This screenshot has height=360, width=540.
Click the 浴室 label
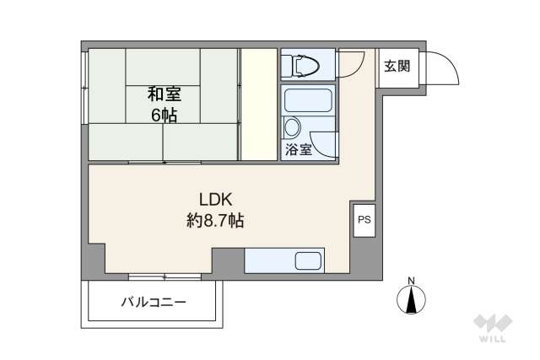point(298,150)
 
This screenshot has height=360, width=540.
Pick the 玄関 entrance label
point(397,65)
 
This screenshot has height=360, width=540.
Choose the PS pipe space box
point(364,221)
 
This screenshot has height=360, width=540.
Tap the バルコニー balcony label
point(154,301)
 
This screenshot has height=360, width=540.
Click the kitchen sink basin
point(308,261)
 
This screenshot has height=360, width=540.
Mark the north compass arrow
point(412,299)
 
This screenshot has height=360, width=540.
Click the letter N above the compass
point(412,281)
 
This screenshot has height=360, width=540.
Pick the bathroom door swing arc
point(324,145)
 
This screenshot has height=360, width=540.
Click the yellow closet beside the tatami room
point(259,104)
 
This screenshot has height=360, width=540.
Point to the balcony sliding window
point(165,276)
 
